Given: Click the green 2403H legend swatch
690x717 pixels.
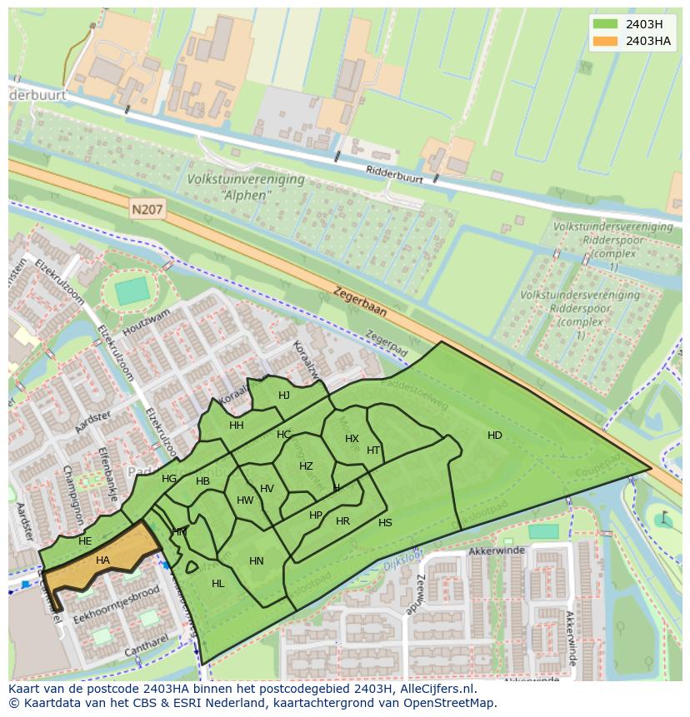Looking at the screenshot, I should (606, 23).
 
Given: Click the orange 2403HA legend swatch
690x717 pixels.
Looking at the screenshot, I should (606, 40).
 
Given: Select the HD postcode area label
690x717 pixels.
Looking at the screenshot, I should (495, 436).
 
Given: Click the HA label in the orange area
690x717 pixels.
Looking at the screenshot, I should (102, 560).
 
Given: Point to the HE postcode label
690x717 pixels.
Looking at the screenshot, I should (85, 541).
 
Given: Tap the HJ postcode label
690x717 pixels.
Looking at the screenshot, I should (284, 396).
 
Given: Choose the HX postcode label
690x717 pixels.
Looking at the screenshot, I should (352, 439).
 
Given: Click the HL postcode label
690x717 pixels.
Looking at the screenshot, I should (218, 584).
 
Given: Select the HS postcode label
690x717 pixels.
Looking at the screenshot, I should (385, 523).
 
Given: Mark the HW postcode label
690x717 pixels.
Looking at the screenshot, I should (245, 500).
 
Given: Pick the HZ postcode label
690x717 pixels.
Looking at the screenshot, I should (306, 466).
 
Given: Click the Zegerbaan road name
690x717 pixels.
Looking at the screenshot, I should (361, 301).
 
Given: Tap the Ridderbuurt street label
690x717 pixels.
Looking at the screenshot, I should (395, 174).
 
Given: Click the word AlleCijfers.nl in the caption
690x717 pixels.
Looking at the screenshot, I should (435, 689).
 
